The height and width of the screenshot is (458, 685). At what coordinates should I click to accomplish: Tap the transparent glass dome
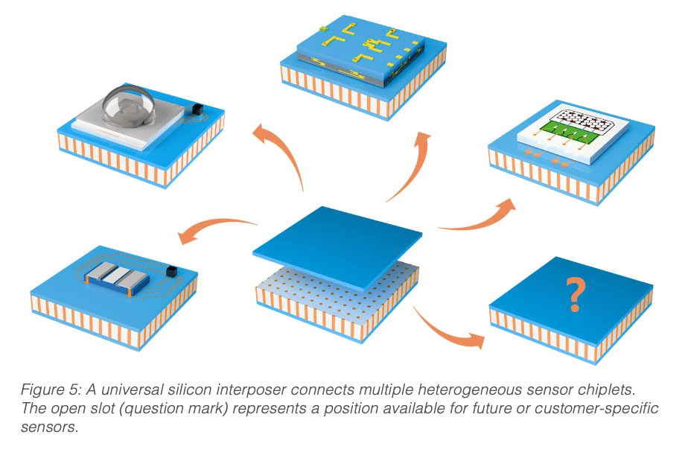click(128, 105)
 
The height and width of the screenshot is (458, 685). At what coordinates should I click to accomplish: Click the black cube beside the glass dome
click(198, 109)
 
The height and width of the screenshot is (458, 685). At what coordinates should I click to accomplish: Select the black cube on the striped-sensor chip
click(172, 271)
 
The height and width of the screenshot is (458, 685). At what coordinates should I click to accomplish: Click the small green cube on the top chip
click(323, 29)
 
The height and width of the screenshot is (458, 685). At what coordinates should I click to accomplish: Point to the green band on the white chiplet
click(568, 132)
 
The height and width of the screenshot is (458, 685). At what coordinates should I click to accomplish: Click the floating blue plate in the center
click(337, 247)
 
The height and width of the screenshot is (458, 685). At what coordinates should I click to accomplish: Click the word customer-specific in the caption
click(596, 409)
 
